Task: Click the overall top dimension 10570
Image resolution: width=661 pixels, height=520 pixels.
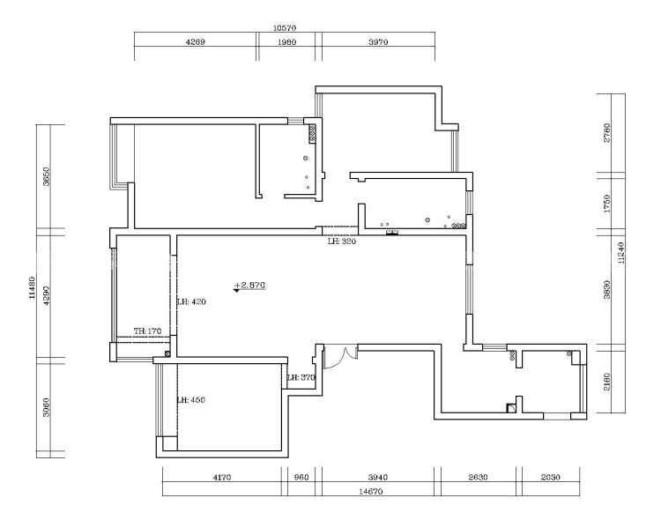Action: (x=285, y=28)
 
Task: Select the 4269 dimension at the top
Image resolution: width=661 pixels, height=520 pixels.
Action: (x=195, y=41)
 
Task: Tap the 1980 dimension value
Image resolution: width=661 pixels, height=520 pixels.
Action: (x=286, y=41)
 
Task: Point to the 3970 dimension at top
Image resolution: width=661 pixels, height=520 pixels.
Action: (x=378, y=41)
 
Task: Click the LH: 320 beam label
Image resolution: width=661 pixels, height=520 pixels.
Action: (x=342, y=241)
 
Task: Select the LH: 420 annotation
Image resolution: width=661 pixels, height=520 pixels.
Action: (x=191, y=301)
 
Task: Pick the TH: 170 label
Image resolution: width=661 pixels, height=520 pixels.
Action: (x=147, y=331)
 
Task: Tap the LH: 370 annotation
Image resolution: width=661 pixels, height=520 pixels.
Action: (x=301, y=377)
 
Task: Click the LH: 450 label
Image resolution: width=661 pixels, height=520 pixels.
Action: (x=191, y=399)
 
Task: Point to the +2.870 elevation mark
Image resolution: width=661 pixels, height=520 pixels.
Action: (x=249, y=286)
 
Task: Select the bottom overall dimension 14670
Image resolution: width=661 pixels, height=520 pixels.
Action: (x=371, y=491)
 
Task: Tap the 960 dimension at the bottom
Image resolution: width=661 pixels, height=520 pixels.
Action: (x=301, y=477)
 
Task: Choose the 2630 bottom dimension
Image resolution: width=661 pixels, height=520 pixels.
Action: (x=478, y=477)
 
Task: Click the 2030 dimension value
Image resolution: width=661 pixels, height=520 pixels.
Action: (x=550, y=477)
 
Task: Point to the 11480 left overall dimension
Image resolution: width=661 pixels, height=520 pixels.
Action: (x=33, y=287)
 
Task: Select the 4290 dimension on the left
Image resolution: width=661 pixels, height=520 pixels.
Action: (x=47, y=295)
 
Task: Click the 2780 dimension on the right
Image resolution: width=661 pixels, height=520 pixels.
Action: (x=607, y=132)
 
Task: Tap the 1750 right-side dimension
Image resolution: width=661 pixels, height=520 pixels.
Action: (x=607, y=204)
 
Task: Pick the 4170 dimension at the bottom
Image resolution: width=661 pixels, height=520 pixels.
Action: (x=222, y=477)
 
